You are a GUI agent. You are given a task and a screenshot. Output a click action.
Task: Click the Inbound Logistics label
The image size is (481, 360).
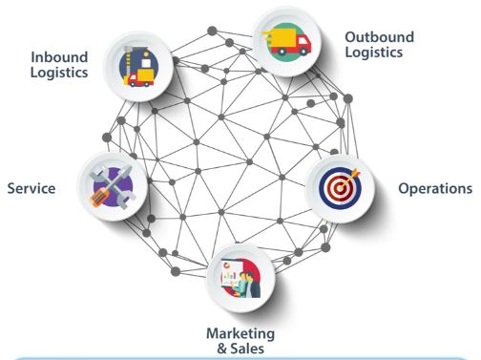(x=59, y=65)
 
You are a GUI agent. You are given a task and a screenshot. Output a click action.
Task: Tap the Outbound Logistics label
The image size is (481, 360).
(x=379, y=45)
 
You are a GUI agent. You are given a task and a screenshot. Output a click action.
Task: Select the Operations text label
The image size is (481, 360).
(x=435, y=188)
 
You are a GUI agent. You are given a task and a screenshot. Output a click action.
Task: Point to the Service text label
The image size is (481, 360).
(x=31, y=188)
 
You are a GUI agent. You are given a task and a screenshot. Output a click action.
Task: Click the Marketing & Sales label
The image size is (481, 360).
(x=240, y=341)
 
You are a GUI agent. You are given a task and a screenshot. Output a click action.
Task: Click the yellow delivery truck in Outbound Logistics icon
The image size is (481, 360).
(x=286, y=42)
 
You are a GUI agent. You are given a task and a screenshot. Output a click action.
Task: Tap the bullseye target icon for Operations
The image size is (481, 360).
(x=340, y=188)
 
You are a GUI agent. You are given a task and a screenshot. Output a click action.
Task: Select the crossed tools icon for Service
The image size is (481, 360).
(x=113, y=187)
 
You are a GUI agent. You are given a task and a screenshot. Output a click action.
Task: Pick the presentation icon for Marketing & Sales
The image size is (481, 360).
(x=240, y=278)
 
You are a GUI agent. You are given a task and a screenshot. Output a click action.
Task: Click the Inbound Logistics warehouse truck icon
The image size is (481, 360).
(x=138, y=67)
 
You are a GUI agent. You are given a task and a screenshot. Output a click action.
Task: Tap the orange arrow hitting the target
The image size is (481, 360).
(x=350, y=179)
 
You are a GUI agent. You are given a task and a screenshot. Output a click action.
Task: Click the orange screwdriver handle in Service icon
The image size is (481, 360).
(x=99, y=196)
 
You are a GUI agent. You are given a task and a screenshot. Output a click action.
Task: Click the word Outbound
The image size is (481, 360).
(x=379, y=37)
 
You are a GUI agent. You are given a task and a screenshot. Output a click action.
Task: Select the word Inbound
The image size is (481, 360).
(x=59, y=57)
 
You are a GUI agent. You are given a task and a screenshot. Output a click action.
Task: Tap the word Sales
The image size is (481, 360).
(x=247, y=349)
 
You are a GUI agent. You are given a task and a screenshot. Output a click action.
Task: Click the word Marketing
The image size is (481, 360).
(x=240, y=334)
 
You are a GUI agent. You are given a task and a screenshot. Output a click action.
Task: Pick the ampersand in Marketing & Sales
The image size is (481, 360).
(x=221, y=349)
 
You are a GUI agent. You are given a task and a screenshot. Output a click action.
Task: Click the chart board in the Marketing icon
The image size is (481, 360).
(x=232, y=273)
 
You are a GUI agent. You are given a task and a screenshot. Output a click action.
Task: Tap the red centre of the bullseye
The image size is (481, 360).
(x=340, y=188)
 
